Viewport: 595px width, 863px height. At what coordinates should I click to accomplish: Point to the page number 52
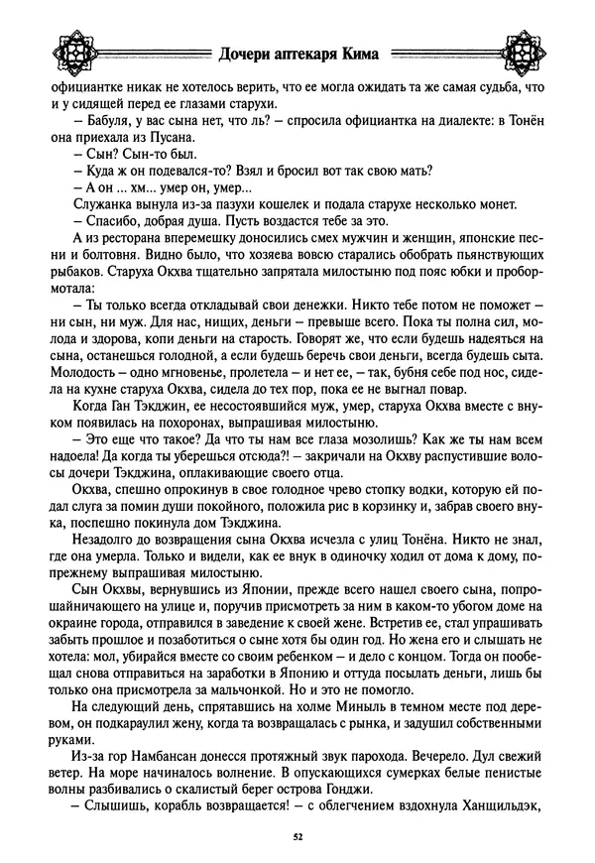point(297,837)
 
